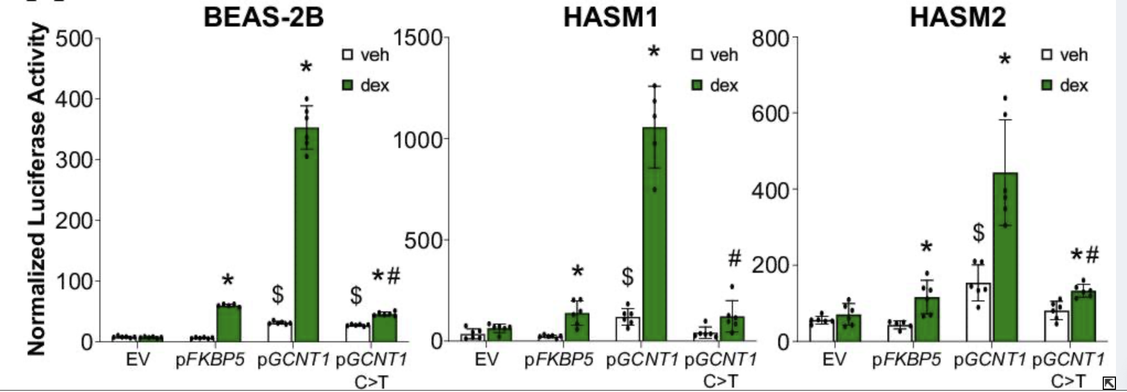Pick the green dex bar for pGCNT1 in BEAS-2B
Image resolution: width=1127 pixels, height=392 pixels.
click(306, 235)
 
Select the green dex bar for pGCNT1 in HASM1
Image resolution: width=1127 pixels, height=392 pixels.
click(655, 235)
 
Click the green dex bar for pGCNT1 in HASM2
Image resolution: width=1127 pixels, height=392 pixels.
click(1005, 257)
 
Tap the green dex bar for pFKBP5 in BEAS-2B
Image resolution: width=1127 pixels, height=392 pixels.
click(228, 323)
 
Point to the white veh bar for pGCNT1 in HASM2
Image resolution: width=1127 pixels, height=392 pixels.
click(979, 312)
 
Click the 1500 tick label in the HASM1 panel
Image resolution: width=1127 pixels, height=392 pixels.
click(418, 38)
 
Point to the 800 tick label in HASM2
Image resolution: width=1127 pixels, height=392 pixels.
click(772, 39)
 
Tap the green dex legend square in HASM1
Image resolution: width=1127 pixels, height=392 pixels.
click(697, 86)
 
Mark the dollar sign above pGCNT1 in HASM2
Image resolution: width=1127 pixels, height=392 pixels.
click(978, 232)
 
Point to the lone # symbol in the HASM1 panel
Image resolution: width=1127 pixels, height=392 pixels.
click(734, 258)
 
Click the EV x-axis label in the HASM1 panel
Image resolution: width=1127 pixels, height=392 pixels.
click(486, 360)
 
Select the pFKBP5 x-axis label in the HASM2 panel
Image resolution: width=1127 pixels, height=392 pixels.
click(906, 360)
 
